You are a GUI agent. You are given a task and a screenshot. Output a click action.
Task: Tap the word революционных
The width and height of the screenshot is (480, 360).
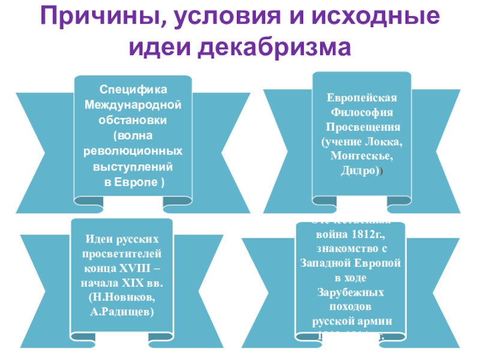[133, 149]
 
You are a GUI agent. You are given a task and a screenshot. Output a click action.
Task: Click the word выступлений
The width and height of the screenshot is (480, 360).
[133, 164]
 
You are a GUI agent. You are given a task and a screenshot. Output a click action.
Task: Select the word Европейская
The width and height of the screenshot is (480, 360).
[362, 97]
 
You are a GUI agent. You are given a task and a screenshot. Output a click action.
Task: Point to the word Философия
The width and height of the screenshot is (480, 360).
[362, 112]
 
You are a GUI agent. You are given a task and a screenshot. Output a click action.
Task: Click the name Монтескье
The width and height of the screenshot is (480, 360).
[362, 156]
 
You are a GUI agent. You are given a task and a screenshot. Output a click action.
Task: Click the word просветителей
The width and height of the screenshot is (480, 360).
[122, 253]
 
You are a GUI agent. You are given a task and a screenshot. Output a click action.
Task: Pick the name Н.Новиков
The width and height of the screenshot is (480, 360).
[122, 297]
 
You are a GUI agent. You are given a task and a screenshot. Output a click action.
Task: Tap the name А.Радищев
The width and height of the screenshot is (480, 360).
[122, 311]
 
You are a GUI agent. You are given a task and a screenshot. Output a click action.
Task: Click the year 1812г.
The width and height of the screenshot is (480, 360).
[371, 234]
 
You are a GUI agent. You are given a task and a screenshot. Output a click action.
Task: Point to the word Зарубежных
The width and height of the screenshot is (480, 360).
[351, 292]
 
